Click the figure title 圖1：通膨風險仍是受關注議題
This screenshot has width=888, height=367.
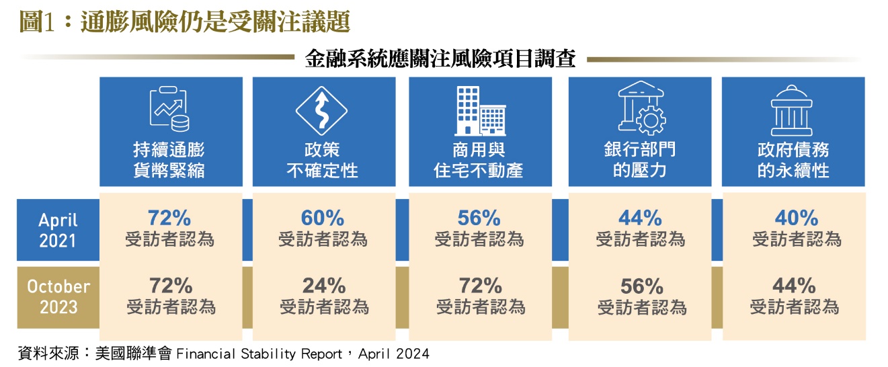(x=185, y=22)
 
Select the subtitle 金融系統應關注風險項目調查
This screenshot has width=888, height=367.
(x=440, y=58)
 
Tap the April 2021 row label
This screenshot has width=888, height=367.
(x=57, y=229)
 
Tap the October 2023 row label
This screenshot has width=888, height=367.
(x=58, y=296)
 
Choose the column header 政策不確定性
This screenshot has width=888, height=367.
(x=322, y=159)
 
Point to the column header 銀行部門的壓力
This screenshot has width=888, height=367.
(x=639, y=159)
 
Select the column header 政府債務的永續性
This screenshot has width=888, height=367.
(x=793, y=159)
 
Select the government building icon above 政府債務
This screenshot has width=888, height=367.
(x=793, y=111)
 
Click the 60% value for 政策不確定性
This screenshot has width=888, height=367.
(x=323, y=218)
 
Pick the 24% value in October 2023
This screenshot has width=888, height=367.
(x=324, y=286)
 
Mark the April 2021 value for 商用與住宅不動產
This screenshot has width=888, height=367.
(x=479, y=218)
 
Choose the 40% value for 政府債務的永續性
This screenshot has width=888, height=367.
(x=797, y=218)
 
